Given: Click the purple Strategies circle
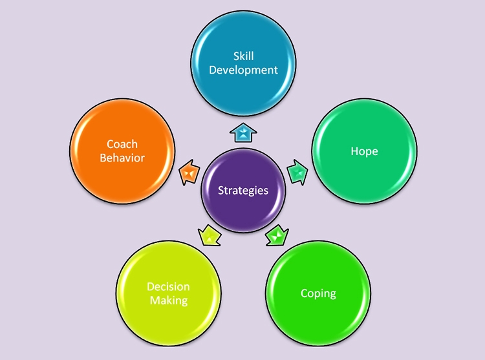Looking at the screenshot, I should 243,190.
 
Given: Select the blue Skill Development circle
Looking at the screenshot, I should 243,62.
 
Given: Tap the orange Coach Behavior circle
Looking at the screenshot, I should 122,151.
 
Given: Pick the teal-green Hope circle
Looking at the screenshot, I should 364,151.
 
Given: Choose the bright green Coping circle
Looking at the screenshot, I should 318,293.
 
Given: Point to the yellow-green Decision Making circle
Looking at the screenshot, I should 169,293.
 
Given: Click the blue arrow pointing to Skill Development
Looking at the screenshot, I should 244,134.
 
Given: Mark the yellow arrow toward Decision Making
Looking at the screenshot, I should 208,235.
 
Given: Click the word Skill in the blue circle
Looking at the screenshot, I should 243,56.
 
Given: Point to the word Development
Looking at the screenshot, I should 243,69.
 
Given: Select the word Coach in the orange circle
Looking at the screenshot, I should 122,144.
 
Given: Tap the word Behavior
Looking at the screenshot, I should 122,158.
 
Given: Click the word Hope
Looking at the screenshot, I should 364,151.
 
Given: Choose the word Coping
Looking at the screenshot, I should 318,293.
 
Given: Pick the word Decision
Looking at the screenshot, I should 168,287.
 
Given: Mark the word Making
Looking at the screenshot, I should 169,301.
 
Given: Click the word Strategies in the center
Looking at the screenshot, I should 242,190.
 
